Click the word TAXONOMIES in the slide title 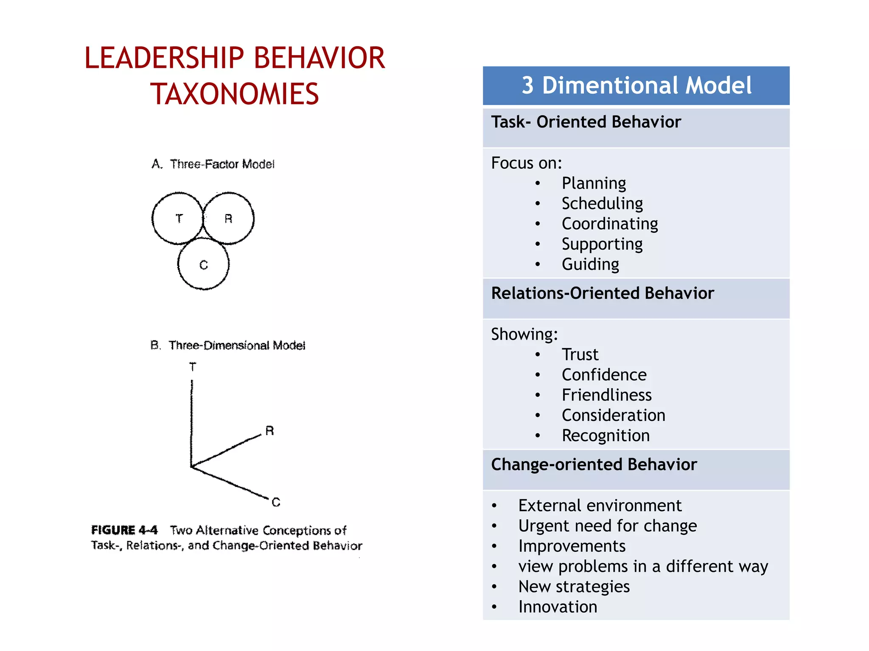pos(234,94)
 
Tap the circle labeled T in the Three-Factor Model pos(178,218)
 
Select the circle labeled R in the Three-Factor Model pos(228,218)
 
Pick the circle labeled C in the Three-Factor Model pos(204,264)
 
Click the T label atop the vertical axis pos(193,367)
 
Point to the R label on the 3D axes pos(269,431)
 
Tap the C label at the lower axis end pos(276,502)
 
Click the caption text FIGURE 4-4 pos(124,530)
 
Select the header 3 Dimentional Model pos(636,86)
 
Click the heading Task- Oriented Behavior pos(586,122)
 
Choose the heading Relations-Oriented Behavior pos(603,293)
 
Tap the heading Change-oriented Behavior pos(594,465)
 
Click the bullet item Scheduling pos(602,203)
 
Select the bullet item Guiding pos(590,264)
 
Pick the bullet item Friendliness pos(606,395)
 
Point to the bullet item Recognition pos(605,436)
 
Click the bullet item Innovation pos(558,607)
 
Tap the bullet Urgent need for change pos(607,526)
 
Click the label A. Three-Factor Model pos(213,164)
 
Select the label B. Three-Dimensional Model pos(228,345)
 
